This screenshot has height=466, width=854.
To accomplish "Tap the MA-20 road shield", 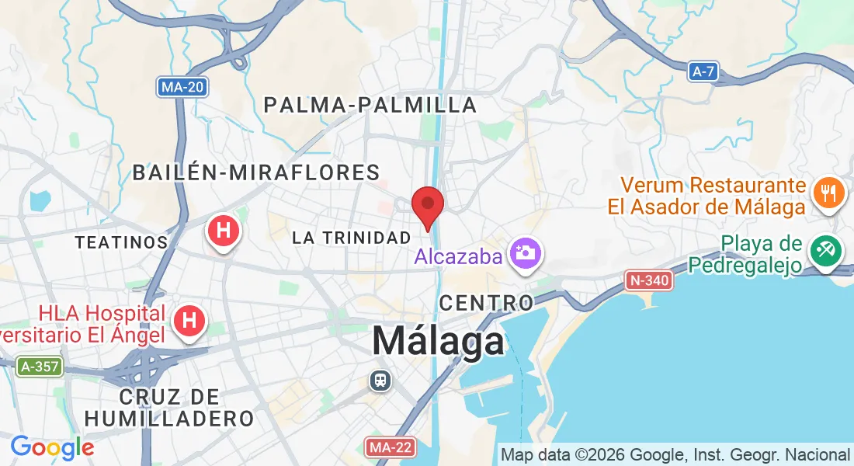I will (182, 86).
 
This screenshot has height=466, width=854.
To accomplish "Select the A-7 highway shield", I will (703, 72).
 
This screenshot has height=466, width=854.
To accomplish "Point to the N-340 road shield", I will (648, 280).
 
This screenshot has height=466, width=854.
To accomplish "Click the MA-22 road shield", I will (390, 447).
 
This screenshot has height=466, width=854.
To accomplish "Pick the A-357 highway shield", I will (40, 366).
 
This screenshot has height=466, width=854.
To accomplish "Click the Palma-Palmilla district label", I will (370, 105).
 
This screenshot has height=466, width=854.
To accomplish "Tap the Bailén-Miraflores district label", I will (256, 172).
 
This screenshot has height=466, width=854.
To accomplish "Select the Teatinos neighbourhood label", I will (121, 242).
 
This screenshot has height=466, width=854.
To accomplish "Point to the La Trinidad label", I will (351, 238).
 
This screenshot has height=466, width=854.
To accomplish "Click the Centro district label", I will (487, 301).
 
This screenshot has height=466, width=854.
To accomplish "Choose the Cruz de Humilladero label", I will (169, 408).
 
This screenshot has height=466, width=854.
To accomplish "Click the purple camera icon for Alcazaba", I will (526, 252).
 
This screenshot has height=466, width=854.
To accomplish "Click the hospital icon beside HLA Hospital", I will (189, 320).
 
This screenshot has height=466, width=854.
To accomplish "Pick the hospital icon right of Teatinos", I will (224, 231).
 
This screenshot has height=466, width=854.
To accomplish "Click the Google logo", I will (52, 447).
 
